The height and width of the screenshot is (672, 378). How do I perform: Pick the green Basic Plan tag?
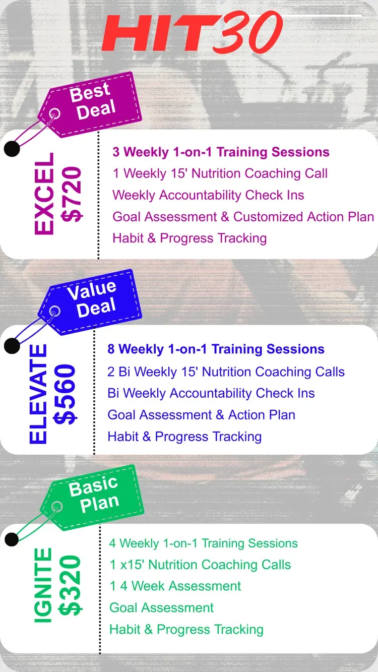pos(92,498)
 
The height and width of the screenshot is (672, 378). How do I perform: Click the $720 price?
pos(72,195)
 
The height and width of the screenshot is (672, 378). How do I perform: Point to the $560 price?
pos(65,394)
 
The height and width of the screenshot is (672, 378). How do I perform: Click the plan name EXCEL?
pos(44,194)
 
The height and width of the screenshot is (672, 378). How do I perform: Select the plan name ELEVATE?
pos(38,394)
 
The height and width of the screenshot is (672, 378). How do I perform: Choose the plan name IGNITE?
pos(43,585)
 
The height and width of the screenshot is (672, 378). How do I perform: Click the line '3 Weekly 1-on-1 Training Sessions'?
pos(221,152)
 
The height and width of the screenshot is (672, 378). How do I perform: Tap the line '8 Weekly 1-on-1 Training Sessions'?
pos(216,349)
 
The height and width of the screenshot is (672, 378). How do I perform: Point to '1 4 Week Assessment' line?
pos(175,586)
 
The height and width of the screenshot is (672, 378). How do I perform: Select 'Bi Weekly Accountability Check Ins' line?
pos(211,393)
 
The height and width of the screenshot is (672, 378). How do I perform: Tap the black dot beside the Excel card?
pos(12,149)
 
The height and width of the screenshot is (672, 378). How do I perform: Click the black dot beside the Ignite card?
pos(12,539)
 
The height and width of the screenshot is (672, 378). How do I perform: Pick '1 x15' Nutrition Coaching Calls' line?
pos(201,565)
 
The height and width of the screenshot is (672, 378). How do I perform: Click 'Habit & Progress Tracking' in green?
pos(186,629)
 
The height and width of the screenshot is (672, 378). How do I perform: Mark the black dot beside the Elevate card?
pos(12,346)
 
